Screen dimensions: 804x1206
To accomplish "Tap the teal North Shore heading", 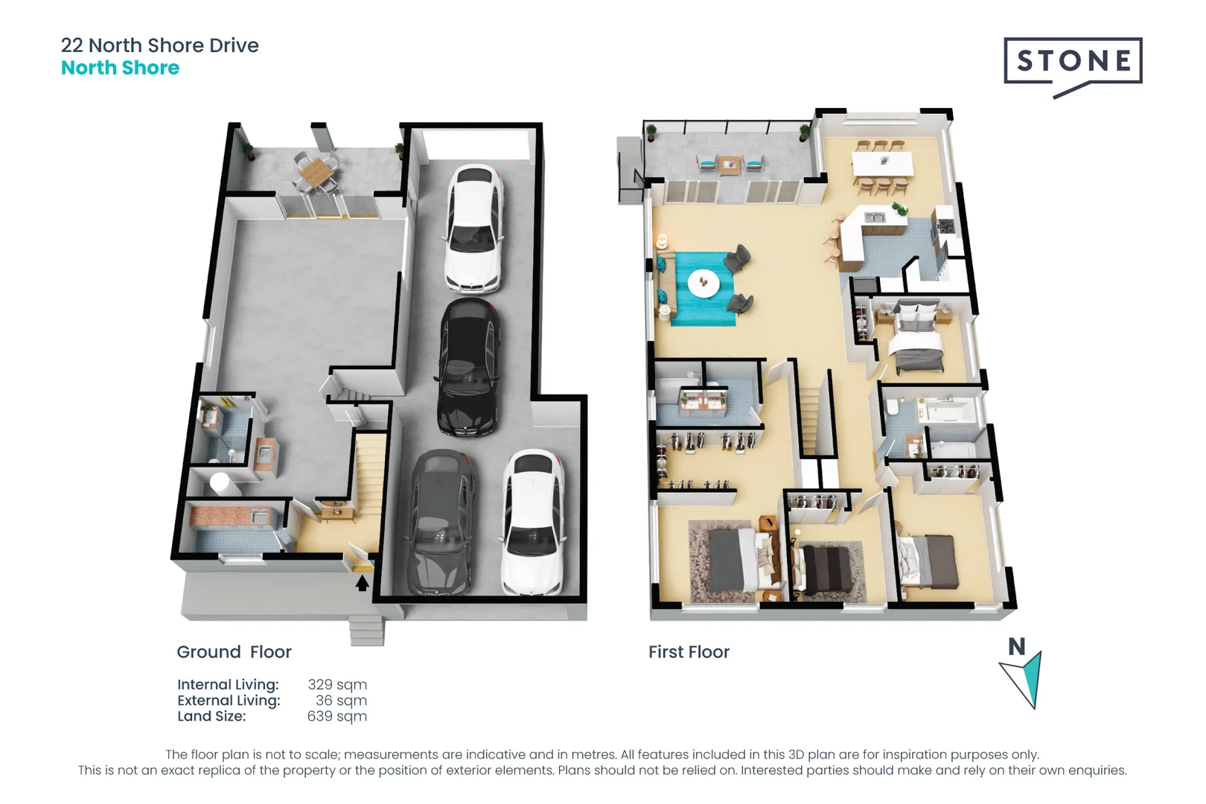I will click(x=120, y=68).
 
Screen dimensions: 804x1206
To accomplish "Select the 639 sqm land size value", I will click(x=336, y=716).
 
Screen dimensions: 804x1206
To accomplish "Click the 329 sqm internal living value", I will click(x=336, y=684).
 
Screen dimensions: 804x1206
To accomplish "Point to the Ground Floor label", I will click(x=234, y=652).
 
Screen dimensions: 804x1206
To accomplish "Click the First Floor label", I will click(x=689, y=652).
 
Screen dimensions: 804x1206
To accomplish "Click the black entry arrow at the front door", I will click(x=362, y=583).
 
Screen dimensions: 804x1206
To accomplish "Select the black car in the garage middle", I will click(x=469, y=368).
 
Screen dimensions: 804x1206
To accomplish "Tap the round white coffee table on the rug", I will click(x=703, y=283).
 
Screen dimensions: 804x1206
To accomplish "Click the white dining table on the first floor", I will click(x=882, y=163).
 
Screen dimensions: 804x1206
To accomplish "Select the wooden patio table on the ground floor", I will click(x=316, y=173).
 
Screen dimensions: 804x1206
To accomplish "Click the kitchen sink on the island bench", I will click(x=874, y=217).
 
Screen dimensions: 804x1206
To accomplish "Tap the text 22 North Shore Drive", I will click(x=159, y=45).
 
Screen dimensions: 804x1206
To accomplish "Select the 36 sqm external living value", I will click(x=341, y=701).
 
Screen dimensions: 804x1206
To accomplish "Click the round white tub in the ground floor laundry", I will click(x=220, y=482).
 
